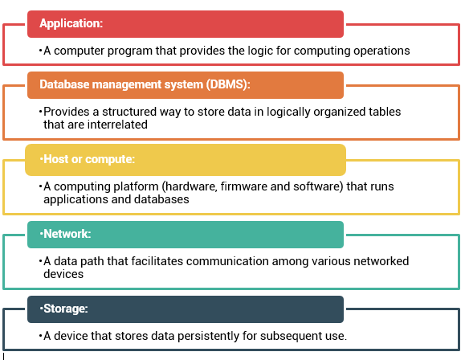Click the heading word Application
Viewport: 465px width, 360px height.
[x=71, y=23]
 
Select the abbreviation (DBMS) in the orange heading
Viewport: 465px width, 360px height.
[x=228, y=84]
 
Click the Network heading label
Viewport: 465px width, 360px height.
[x=67, y=234]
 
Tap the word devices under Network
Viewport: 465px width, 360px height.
[x=63, y=274]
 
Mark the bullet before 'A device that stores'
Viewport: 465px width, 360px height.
[x=40, y=336]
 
